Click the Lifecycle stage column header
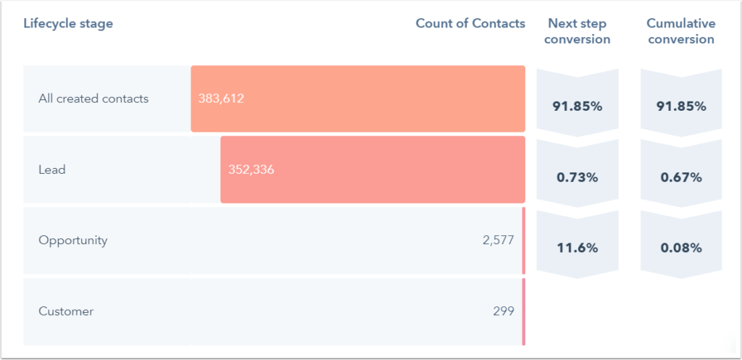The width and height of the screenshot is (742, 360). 68,23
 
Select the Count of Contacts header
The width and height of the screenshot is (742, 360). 470,23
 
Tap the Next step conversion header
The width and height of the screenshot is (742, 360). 577,31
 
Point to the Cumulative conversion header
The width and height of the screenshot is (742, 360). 680,31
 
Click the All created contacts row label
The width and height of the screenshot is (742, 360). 93,99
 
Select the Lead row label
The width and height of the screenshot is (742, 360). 52,169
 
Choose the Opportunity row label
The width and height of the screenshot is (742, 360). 72,240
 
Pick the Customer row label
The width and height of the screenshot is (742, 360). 66,311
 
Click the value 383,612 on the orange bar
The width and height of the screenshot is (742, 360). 221,99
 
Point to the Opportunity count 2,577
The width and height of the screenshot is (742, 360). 498,240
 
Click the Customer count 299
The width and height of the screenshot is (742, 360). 504,311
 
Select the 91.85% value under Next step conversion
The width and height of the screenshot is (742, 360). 577,106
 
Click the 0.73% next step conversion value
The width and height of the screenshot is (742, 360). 577,177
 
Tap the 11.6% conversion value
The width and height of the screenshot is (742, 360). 577,248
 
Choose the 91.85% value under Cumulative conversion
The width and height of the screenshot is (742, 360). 680,106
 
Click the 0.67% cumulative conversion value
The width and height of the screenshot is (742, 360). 680,177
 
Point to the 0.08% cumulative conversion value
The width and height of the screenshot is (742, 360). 680,248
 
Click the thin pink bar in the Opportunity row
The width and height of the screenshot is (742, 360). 523,240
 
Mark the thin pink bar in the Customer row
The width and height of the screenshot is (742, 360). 523,311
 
